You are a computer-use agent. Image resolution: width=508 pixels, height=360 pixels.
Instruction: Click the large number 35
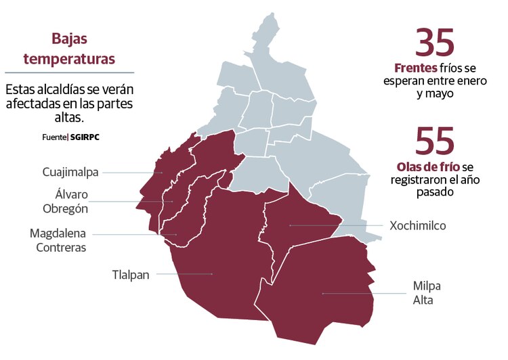tap(435, 42)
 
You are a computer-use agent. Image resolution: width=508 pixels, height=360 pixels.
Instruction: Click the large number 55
tap(435, 141)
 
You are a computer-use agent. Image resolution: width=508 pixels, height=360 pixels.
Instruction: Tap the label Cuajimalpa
tap(70, 172)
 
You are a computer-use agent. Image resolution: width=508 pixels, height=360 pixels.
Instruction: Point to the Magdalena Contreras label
tap(58, 240)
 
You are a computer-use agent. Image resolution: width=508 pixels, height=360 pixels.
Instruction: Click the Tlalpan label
tap(131, 274)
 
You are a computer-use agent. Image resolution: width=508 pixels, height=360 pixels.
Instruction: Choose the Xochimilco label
tap(417, 225)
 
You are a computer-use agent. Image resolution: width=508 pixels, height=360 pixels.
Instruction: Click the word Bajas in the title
tap(70, 39)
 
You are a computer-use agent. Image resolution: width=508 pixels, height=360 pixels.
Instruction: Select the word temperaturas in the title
tap(70, 59)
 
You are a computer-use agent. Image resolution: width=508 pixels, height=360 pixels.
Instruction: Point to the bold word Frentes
tap(415, 68)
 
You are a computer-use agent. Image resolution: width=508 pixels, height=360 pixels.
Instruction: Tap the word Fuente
tap(54, 136)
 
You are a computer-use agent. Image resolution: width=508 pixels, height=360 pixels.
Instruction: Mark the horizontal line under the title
tap(70, 72)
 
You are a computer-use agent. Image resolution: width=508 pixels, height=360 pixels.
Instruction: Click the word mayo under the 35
tap(434, 94)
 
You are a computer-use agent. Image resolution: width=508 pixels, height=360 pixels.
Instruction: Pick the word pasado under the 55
tap(434, 192)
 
